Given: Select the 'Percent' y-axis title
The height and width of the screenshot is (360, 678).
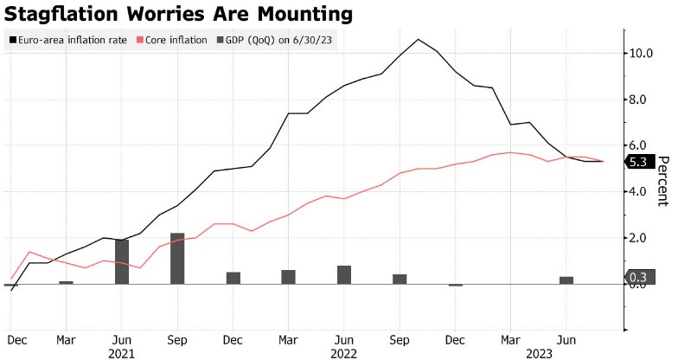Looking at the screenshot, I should [x=663, y=181].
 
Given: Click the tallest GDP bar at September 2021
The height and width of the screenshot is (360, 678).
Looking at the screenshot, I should [x=177, y=258].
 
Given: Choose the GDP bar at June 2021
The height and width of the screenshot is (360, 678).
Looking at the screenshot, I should [x=122, y=261].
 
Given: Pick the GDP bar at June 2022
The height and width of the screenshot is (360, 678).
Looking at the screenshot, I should [x=344, y=274].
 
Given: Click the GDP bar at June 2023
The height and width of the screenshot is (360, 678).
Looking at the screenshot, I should [x=566, y=280].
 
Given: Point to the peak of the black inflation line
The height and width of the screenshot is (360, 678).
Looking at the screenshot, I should [x=419, y=39].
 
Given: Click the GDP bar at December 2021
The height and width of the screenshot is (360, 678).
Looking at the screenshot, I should [x=233, y=277].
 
